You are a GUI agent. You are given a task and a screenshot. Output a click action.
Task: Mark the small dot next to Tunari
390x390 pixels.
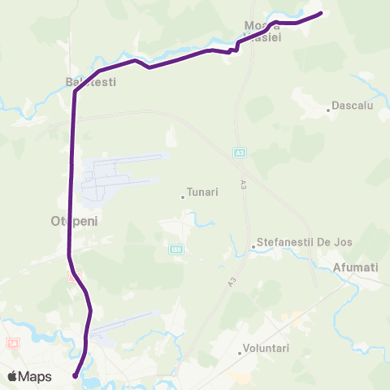click(x=182, y=196)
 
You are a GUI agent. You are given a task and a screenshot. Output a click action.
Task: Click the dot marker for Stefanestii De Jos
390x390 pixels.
click(x=253, y=245)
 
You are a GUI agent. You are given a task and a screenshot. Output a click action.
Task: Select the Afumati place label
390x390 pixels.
click(x=356, y=266)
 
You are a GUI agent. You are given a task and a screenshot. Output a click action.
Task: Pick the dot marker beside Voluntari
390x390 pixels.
click(x=240, y=353)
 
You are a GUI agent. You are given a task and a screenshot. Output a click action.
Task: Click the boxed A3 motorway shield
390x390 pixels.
click(x=240, y=152)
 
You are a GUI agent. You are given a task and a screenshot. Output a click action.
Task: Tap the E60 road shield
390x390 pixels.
click(x=176, y=249)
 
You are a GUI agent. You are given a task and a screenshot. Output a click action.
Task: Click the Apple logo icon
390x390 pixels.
click(x=12, y=377)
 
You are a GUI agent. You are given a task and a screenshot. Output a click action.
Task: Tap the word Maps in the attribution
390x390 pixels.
click(x=35, y=377)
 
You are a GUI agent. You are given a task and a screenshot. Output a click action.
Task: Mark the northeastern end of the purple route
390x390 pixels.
click(x=320, y=13)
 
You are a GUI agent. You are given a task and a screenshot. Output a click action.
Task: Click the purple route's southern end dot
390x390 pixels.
click(x=75, y=375)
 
